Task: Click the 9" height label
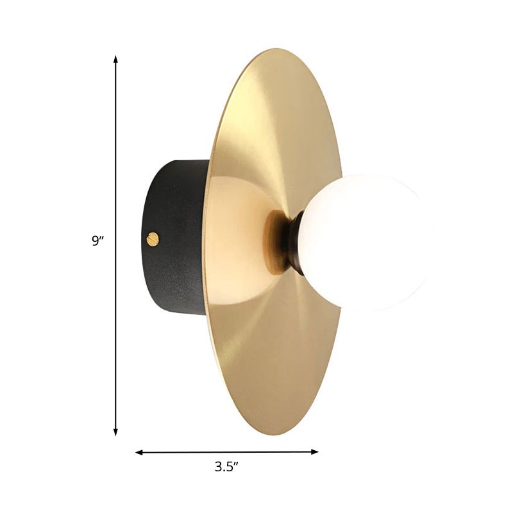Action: tap(97, 241)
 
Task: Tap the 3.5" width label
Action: tap(226, 467)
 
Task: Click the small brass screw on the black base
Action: tap(153, 239)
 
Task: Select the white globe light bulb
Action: tap(362, 242)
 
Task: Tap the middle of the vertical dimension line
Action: tap(115, 246)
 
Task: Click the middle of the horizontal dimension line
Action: tap(226, 453)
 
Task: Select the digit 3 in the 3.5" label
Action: tap(217, 467)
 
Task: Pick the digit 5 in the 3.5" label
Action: tap(230, 467)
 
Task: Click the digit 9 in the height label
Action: tap(95, 242)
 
